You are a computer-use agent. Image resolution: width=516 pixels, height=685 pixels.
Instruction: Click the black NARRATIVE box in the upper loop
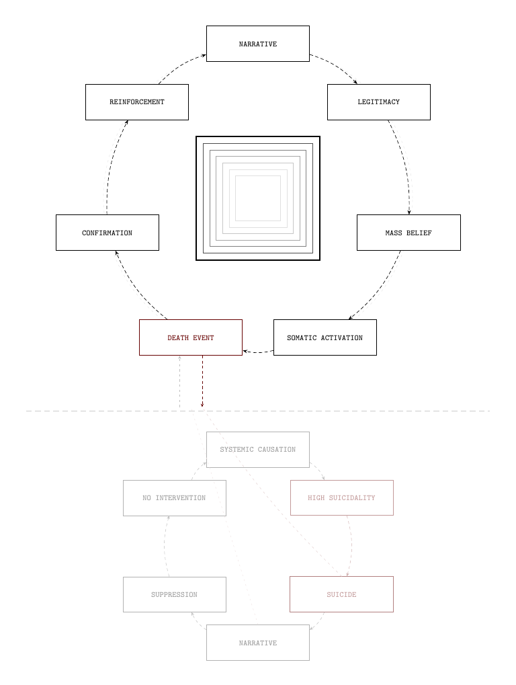pyautogui.click(x=257, y=44)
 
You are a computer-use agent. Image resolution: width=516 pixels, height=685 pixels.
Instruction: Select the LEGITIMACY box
pyautogui.click(x=378, y=102)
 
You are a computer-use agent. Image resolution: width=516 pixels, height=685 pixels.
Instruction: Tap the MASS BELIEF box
pyautogui.click(x=408, y=233)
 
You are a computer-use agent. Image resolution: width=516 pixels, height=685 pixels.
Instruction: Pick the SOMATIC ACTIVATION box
pyautogui.click(x=325, y=337)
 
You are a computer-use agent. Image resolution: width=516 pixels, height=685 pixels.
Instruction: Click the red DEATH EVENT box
pyautogui.click(x=190, y=337)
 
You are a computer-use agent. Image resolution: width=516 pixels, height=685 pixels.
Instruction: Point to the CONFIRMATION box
pyautogui.click(x=107, y=233)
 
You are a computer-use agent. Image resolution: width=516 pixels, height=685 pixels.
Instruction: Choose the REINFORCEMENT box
pyautogui.click(x=136, y=102)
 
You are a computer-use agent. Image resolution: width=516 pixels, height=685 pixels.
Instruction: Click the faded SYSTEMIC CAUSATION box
pyautogui.click(x=257, y=449)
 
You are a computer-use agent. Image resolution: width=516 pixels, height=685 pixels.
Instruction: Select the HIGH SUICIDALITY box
pyautogui.click(x=341, y=497)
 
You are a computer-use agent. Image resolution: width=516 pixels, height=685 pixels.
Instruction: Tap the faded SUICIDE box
pyautogui.click(x=341, y=594)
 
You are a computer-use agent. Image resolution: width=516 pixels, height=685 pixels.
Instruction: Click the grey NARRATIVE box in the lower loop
pyautogui.click(x=257, y=643)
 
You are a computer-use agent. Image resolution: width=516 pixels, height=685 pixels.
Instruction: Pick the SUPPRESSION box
pyautogui.click(x=174, y=594)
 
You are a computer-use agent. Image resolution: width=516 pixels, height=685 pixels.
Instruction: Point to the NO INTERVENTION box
pyautogui.click(x=174, y=497)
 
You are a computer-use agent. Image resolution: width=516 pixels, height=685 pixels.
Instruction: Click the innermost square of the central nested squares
pyautogui.click(x=257, y=198)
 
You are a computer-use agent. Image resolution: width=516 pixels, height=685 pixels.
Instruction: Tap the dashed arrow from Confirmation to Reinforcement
pyautogui.click(x=109, y=168)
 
